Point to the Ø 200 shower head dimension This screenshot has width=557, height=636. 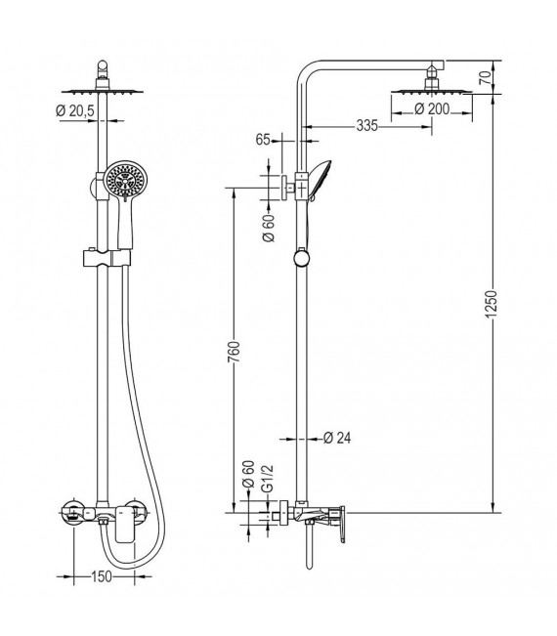[431, 108]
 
